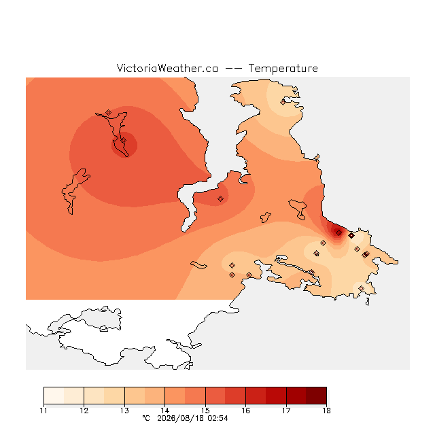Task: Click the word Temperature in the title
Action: point(283,69)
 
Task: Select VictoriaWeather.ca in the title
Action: point(167,69)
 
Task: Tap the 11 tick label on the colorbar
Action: point(43,411)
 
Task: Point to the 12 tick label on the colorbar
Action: point(84,411)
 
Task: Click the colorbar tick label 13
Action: point(124,411)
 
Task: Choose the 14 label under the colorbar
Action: point(164,411)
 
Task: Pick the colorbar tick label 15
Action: point(205,411)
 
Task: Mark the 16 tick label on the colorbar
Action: point(246,411)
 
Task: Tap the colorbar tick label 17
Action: point(286,411)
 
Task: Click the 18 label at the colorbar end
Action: point(326,411)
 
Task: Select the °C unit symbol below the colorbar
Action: point(146,418)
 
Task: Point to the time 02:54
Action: point(217,418)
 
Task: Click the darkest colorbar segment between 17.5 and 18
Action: point(316,396)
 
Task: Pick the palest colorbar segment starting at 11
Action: point(54,396)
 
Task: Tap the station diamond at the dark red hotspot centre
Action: point(338,232)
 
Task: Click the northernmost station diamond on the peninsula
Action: point(283,102)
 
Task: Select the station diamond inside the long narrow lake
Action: point(124,141)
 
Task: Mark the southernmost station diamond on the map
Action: point(361,288)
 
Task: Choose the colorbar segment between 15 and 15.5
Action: point(215,396)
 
